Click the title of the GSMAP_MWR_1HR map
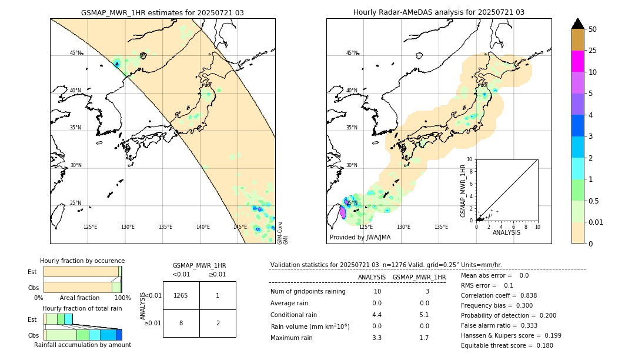162,12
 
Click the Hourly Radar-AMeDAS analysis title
439,12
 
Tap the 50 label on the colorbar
593,29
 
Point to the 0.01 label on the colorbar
596,222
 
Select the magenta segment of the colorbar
578,61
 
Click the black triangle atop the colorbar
578,24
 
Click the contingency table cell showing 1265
181,295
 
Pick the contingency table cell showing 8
181,323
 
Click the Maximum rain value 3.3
377,338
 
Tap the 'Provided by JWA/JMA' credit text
360,238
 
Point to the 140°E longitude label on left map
203,227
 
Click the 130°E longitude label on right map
403,227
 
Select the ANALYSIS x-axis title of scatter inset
506,232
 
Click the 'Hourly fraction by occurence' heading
82,261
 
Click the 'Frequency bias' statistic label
486,305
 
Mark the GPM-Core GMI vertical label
283,233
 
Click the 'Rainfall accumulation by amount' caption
82,345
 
